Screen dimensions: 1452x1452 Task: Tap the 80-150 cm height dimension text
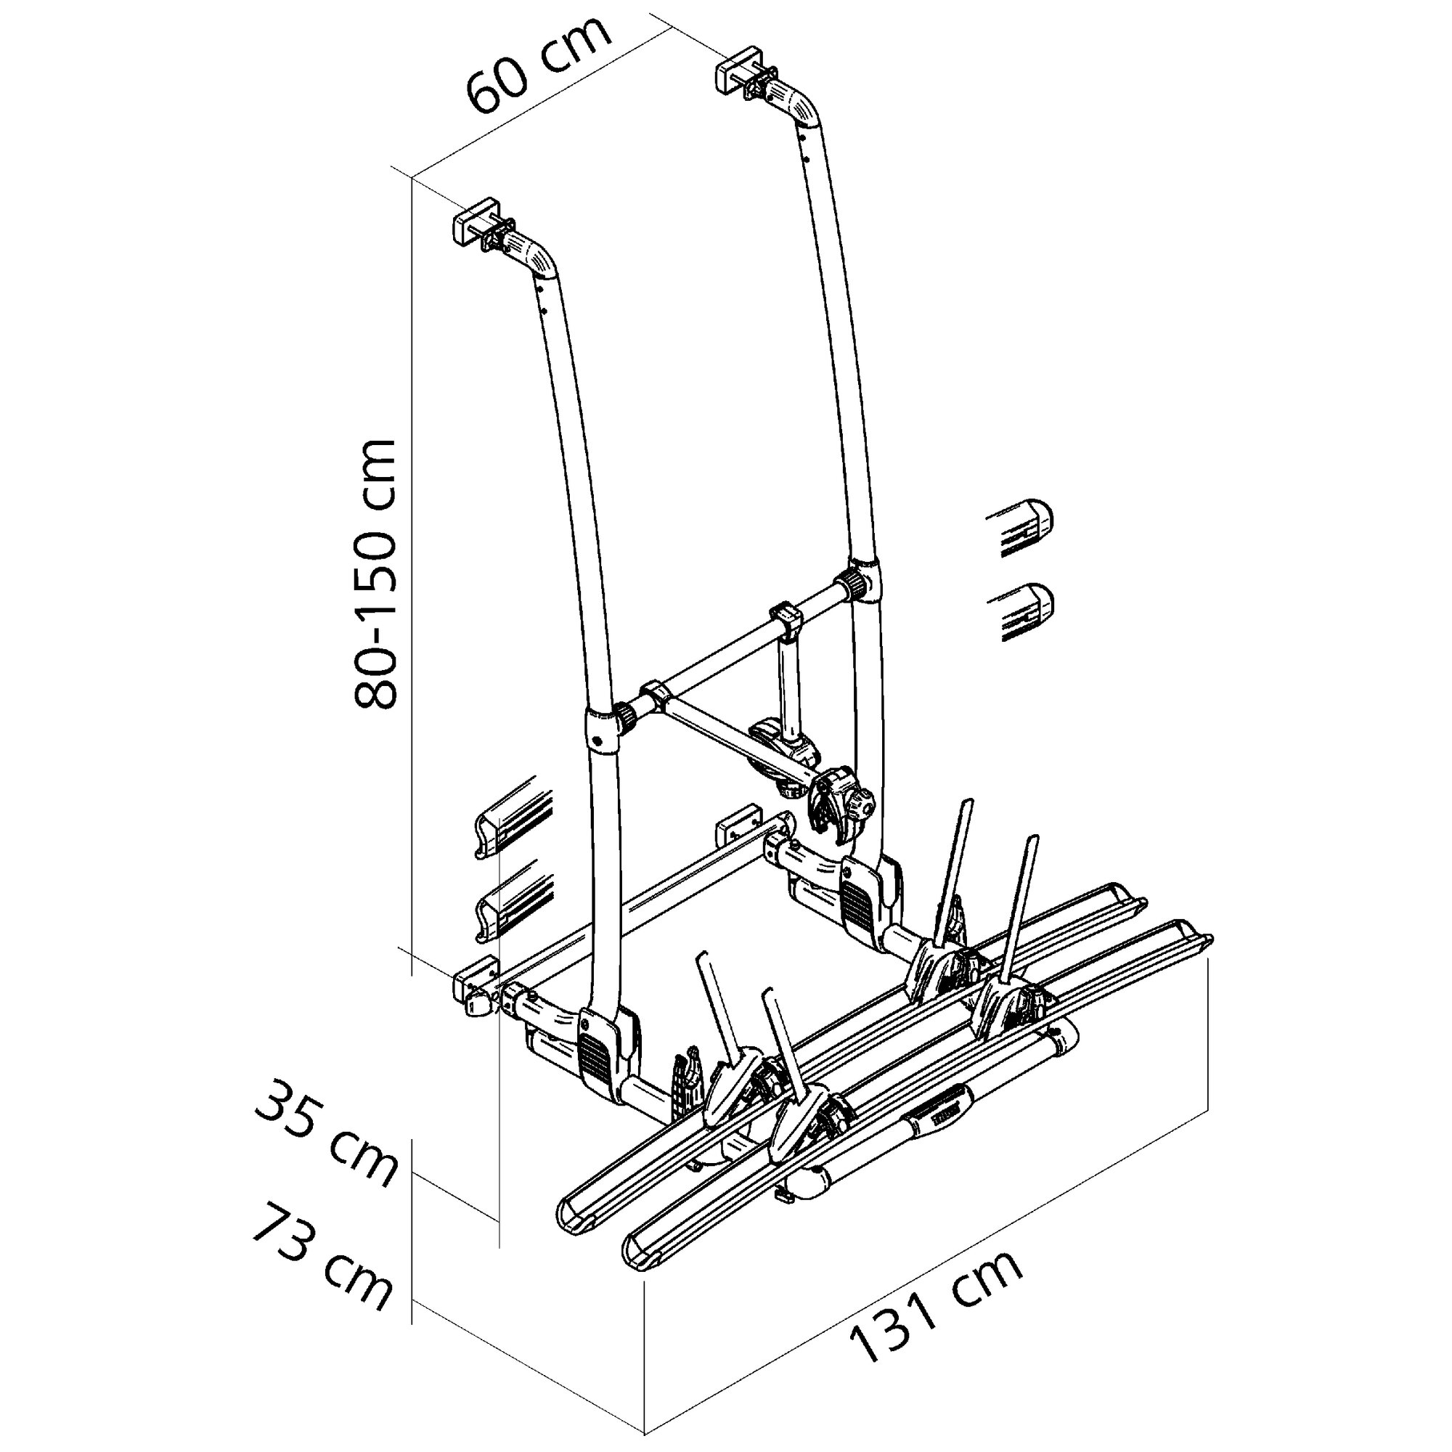tap(375, 574)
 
